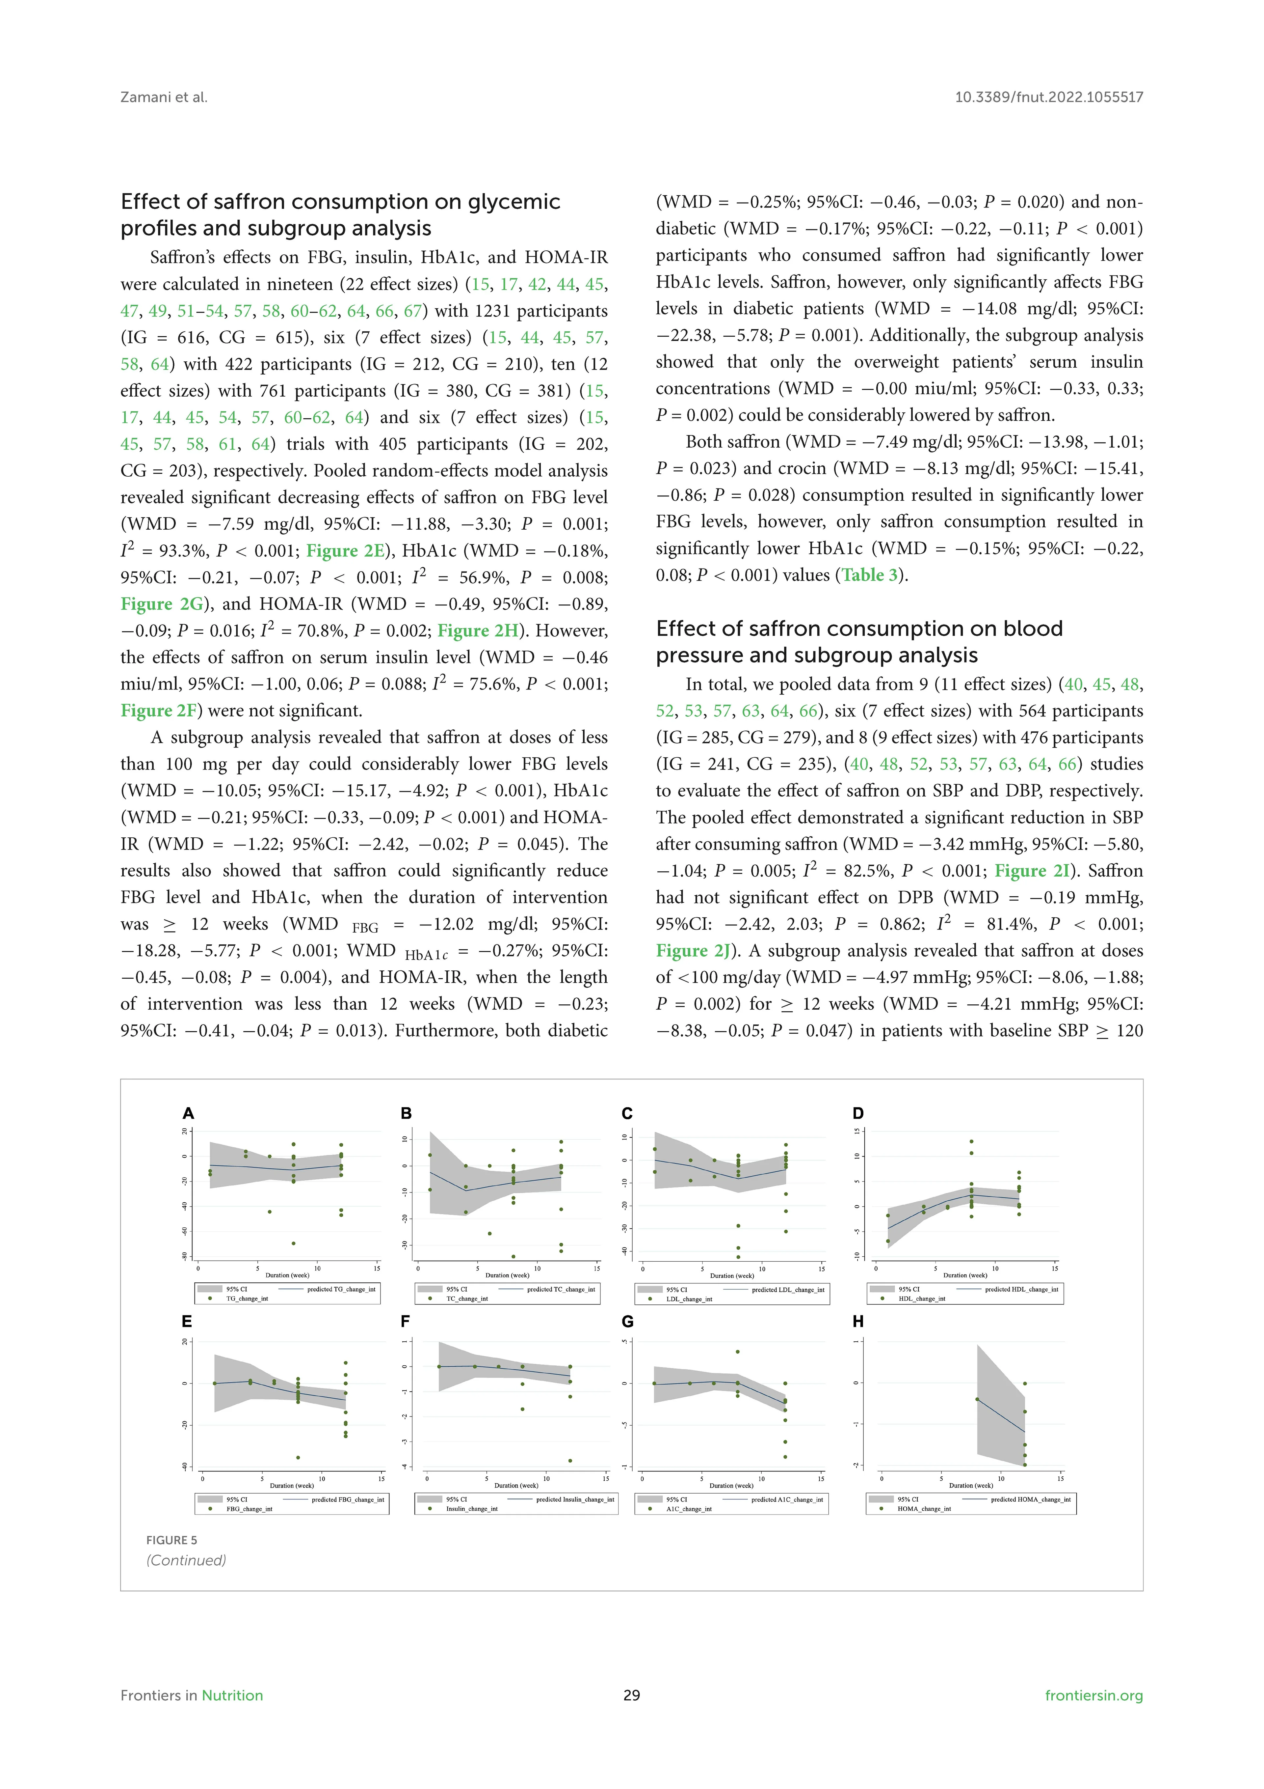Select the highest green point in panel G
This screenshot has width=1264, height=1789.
(x=738, y=1352)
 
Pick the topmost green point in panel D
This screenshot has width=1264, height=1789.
(x=971, y=1141)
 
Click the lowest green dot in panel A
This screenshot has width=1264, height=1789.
(x=294, y=1244)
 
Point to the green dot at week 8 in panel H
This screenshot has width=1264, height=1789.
(x=977, y=1399)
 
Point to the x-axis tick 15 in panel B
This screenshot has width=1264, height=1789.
(x=596, y=1269)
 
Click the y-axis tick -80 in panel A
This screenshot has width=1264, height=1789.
(x=185, y=1256)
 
